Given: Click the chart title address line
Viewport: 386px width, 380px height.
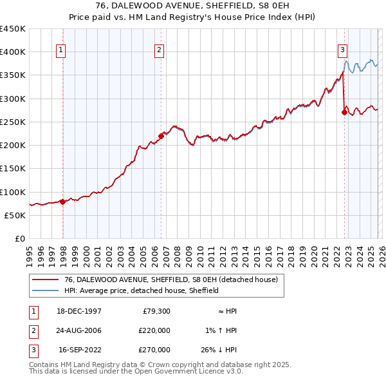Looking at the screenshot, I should click(x=192, y=6).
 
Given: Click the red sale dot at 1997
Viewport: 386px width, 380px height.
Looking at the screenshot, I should click(x=63, y=202).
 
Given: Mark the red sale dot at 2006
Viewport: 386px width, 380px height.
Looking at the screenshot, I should click(x=161, y=135).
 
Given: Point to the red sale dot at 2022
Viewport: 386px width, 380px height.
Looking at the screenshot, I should click(x=344, y=112).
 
